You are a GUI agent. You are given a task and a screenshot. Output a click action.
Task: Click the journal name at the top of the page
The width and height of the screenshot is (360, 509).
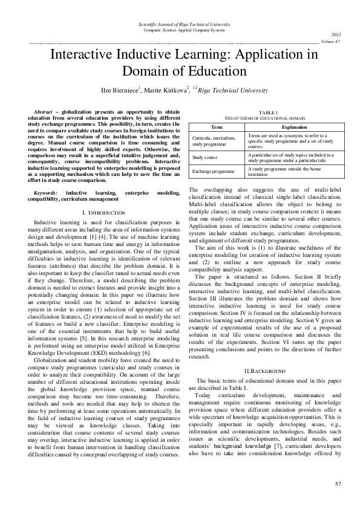180,24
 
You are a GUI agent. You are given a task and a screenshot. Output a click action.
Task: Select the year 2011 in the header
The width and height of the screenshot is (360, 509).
336,35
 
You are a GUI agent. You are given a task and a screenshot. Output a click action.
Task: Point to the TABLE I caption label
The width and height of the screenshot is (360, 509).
267,112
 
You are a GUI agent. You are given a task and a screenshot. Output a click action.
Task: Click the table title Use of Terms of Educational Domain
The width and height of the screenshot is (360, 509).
267,118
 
